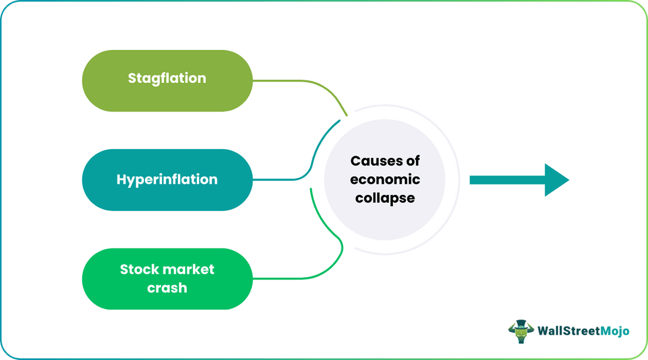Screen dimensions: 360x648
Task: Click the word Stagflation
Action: tap(167, 78)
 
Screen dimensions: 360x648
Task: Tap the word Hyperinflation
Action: tap(167, 179)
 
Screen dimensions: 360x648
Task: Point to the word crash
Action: tap(167, 287)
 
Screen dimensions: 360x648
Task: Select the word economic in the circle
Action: tap(385, 179)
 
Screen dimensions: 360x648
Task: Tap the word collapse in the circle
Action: tap(385, 198)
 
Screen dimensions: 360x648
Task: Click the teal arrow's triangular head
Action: tap(555, 180)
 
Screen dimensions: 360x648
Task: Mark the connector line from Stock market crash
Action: tap(294, 278)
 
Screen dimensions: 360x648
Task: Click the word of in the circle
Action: tap(413, 160)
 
